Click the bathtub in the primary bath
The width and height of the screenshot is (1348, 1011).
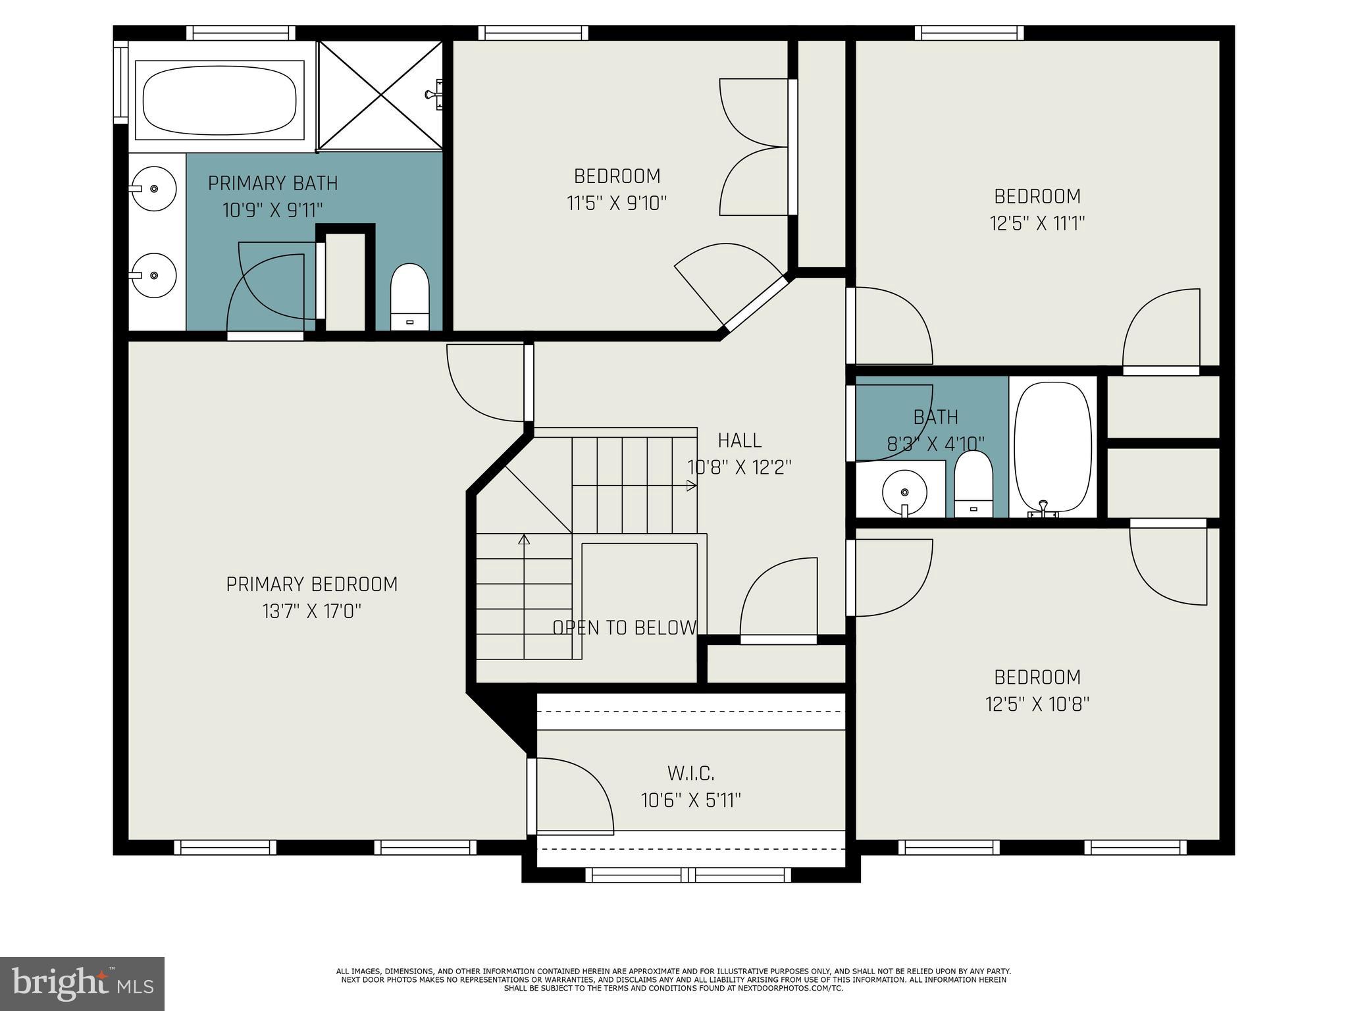pos(219,99)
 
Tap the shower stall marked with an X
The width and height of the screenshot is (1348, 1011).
pos(381,95)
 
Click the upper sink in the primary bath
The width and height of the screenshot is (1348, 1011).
pos(153,188)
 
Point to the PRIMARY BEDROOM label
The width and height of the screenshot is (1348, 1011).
pos(311,584)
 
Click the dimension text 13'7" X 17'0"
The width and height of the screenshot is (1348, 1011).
pos(311,612)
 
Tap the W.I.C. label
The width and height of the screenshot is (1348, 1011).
pos(690,773)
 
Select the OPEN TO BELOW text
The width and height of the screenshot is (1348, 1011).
pos(624,628)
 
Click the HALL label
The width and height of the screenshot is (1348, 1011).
pos(739,440)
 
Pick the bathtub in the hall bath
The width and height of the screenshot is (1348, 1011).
pos(1052,448)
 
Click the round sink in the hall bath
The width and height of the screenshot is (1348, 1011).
pos(905,492)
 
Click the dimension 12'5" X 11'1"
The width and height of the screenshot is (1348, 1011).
pos(1037,224)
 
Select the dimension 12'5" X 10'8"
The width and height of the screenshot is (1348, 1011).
pos(1037,705)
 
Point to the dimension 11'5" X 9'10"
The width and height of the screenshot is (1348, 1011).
pos(617,203)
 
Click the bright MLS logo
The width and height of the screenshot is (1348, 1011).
pos(82,984)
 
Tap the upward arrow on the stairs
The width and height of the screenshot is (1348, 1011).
pos(524,540)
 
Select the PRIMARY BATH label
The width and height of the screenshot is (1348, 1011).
pos(272,183)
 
